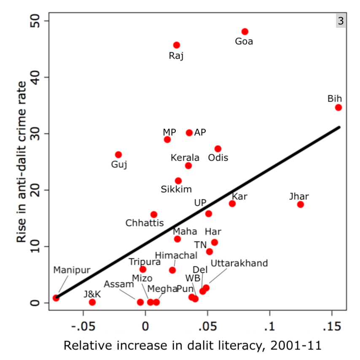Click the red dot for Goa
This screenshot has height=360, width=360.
coord(245,32)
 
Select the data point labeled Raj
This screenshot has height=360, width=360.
coord(177,45)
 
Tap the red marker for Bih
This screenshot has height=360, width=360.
coord(339,107)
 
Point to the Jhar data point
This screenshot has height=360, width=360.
coord(301,204)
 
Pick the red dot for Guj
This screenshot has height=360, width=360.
coord(118,155)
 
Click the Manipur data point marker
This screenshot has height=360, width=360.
coord(56,298)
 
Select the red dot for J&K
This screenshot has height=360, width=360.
coord(92,302)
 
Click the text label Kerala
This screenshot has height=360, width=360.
coord(185,158)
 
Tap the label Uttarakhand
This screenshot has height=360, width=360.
coord(239,263)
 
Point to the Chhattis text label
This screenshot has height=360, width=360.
coord(145,223)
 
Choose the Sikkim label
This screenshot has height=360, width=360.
coord(176,189)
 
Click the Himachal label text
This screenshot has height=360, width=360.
coord(176,255)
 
